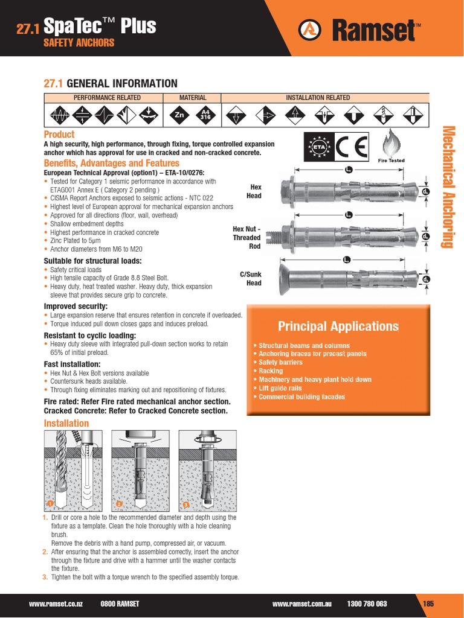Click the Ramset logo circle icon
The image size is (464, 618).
pos(310,29)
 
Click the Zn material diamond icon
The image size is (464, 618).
pos(179,115)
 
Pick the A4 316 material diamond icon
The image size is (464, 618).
pos(205,115)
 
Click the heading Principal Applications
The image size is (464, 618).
pos(338,327)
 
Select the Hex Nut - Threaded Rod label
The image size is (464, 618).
pos(246,237)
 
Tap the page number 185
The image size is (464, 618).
pos(428,604)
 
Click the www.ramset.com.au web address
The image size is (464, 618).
pos(302,604)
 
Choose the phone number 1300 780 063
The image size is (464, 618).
pos(367,604)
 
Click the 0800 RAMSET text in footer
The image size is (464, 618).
pos(120,604)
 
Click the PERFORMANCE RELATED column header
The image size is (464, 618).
pos(107,98)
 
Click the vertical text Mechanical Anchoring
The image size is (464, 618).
pos(448,186)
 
